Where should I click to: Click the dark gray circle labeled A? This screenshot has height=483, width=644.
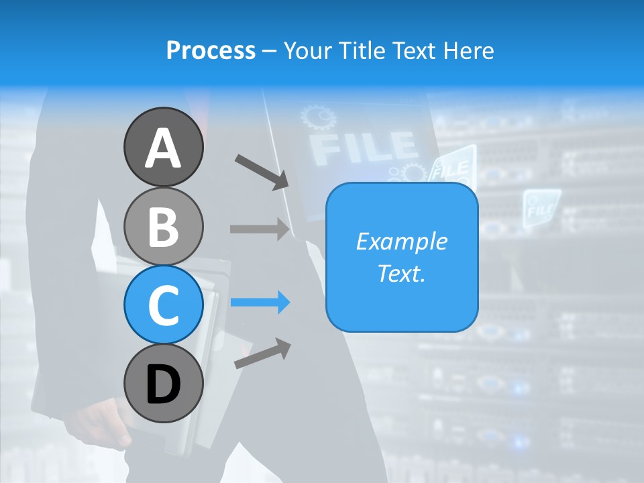163,147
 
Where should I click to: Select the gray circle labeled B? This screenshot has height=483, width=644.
163,226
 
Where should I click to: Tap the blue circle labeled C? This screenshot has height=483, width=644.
163,305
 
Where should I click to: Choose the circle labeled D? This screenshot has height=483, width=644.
163,383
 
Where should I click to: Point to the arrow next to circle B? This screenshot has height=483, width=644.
260,229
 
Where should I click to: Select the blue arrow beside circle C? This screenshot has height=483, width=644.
260,303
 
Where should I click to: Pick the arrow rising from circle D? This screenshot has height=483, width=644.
262,354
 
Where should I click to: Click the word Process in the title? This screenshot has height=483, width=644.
211,50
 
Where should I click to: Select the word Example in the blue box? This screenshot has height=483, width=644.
401,241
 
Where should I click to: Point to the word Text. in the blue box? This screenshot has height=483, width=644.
401,274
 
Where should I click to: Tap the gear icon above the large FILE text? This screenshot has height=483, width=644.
318,118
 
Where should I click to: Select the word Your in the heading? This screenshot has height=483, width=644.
308,50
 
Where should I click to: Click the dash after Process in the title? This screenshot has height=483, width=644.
270,51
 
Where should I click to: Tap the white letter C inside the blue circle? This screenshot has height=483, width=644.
163,305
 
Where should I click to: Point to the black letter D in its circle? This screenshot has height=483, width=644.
163,384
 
